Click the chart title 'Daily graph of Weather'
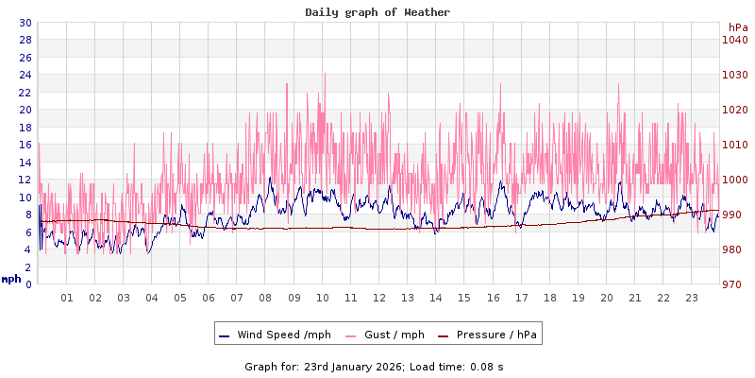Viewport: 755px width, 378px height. tap(377, 12)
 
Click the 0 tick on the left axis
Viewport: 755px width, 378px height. tap(27, 284)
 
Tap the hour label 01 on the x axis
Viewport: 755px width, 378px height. tap(67, 298)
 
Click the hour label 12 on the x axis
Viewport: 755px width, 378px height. tap(378, 298)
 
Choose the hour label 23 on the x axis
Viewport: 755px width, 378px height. tap(691, 298)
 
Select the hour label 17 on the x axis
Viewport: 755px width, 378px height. tap(521, 298)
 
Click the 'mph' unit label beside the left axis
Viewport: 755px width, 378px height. tap(11, 279)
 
